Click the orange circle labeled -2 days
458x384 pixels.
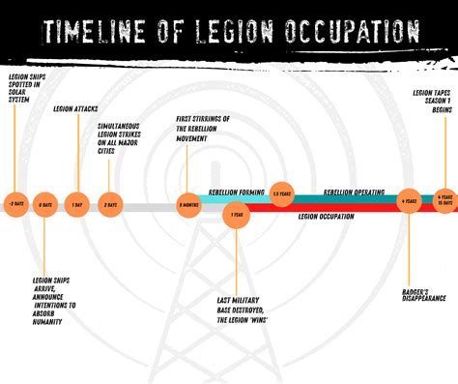(15, 205)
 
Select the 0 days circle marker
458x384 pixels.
(44, 205)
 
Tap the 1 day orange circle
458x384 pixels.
(79, 205)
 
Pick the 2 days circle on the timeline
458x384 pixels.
(111, 205)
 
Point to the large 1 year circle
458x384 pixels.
(236, 215)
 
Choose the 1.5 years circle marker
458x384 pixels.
(281, 194)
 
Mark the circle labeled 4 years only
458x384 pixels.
(408, 200)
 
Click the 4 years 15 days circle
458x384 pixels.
(444, 198)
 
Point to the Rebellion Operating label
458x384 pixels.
(352, 192)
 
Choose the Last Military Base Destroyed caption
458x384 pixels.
(243, 307)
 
